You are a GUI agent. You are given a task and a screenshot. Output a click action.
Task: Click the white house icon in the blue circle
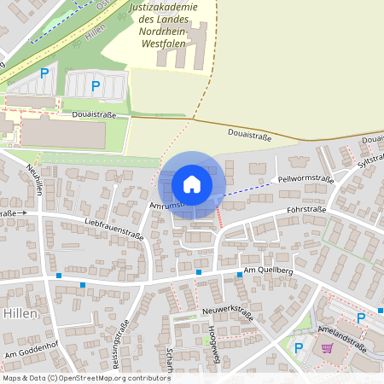192,183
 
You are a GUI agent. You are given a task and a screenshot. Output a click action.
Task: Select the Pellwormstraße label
305,179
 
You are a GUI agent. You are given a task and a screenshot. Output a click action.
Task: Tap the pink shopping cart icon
327,347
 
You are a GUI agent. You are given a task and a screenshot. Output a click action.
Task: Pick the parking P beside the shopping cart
299,347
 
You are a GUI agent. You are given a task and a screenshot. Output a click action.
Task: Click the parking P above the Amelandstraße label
361,317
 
